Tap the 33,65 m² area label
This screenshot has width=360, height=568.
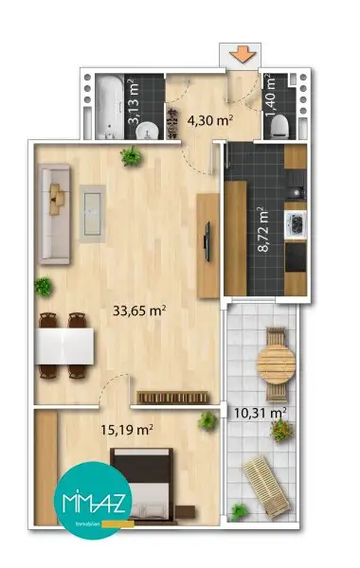pos(140,310)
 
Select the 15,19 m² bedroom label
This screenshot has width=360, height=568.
pos(128,429)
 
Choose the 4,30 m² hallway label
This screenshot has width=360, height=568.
pos(209,120)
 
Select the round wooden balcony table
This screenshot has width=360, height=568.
pos(277,361)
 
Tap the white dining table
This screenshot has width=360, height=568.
pos(64,346)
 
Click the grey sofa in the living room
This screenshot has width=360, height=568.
pos(52,211)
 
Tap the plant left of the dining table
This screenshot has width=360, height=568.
pos(42,285)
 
